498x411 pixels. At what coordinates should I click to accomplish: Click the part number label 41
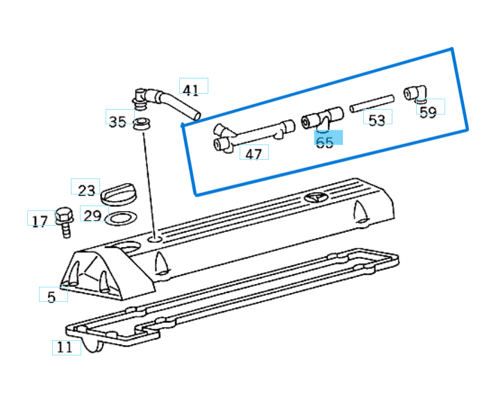pyautogui.click(x=191, y=89)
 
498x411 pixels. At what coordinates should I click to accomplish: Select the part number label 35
pyautogui.click(x=117, y=122)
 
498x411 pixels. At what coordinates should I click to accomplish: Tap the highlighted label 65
pyautogui.click(x=325, y=142)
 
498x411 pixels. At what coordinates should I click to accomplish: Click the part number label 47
pyautogui.click(x=254, y=153)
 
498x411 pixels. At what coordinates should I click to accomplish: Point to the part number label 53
pyautogui.click(x=376, y=120)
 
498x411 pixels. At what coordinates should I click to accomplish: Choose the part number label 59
pyautogui.click(x=429, y=112)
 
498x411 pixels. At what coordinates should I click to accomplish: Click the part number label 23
pyautogui.click(x=85, y=190)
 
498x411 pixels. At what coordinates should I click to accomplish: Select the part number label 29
pyautogui.click(x=92, y=215)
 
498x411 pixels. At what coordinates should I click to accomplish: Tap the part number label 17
pyautogui.click(x=40, y=221)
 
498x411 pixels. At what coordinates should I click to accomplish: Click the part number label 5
pyautogui.click(x=51, y=296)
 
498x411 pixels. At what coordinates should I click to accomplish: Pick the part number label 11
pyautogui.click(x=65, y=347)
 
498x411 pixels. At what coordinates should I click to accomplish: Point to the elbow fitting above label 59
pyautogui.click(x=416, y=94)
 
